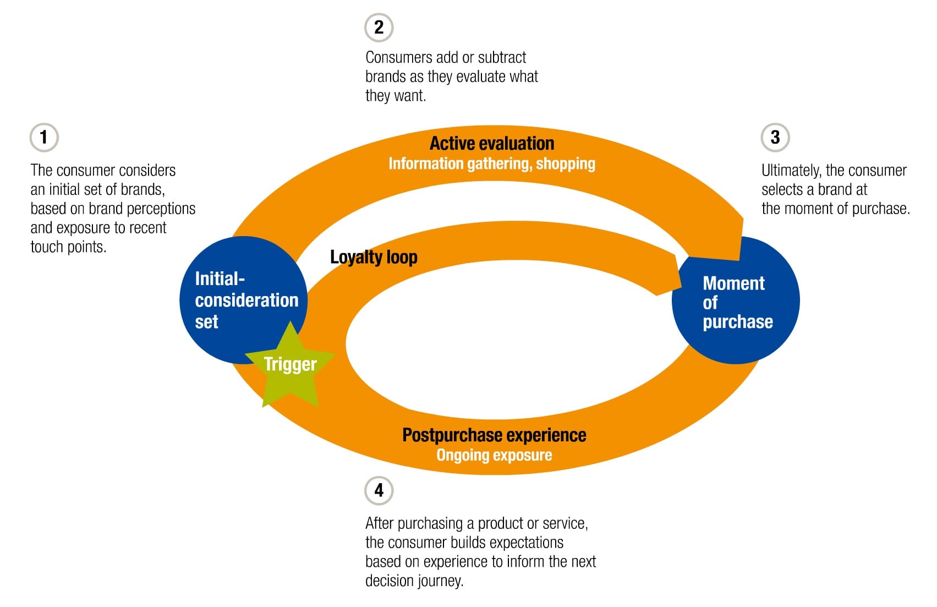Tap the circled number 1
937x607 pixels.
coord(44,137)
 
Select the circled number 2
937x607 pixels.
coord(379,27)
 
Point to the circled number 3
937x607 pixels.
coord(775,137)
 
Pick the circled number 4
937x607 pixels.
coord(379,490)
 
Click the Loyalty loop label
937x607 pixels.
coord(374,257)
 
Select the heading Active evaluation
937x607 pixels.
coord(491,144)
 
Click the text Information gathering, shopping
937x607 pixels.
coord(491,163)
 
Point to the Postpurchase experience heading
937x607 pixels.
coord(494,435)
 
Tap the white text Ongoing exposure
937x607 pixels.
coord(494,455)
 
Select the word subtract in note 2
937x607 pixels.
coord(502,57)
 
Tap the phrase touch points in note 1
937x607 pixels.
coord(68,247)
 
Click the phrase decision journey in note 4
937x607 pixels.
coord(414,581)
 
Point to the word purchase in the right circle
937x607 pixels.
coord(737,322)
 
